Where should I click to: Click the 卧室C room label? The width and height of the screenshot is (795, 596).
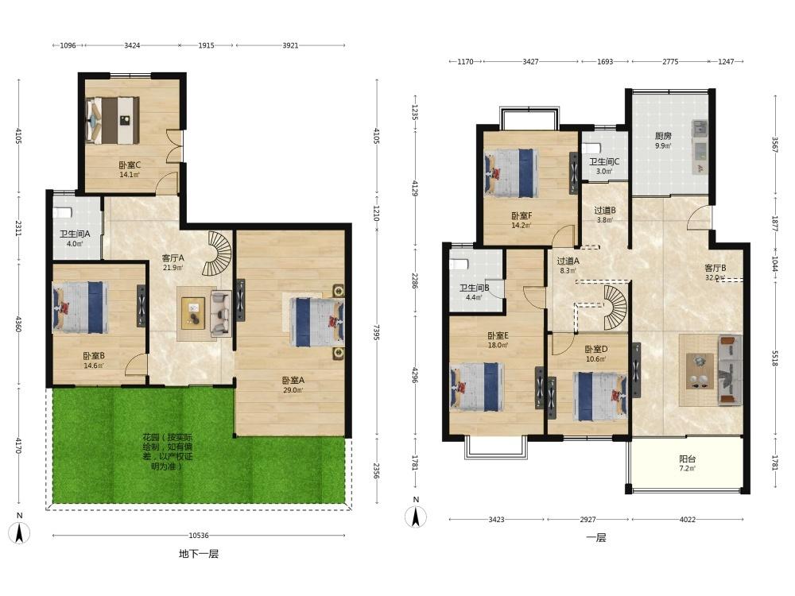tap(130, 165)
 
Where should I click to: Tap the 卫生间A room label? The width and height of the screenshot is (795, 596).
tap(75, 234)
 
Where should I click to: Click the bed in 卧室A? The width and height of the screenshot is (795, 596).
tap(317, 323)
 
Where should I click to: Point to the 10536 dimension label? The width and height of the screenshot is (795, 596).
tap(199, 535)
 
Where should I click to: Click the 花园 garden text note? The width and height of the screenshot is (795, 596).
tap(168, 451)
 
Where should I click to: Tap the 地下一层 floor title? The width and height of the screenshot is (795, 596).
tap(199, 554)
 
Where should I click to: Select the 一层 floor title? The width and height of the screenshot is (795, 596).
tap(596, 538)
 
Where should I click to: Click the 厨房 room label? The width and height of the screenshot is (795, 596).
tap(663, 136)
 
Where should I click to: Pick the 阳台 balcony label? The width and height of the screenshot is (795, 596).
tap(688, 459)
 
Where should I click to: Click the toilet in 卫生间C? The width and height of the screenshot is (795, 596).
tap(591, 148)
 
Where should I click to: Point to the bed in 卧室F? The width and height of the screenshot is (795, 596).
tap(511, 172)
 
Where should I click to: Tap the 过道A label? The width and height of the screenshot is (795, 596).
tap(568, 261)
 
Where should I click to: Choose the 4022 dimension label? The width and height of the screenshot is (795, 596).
tap(688, 520)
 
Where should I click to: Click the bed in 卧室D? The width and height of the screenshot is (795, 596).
tap(600, 397)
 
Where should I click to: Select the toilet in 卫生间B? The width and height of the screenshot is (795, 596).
tap(459, 265)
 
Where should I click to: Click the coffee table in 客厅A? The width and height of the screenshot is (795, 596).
tap(193, 310)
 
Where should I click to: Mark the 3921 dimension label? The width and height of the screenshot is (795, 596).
tap(290, 45)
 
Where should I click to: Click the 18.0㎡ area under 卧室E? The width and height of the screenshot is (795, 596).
tap(498, 346)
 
